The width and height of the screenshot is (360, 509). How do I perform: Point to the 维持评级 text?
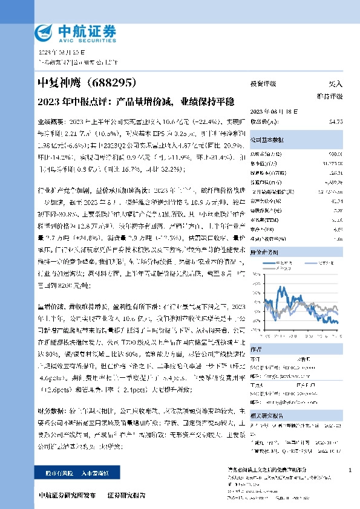click(330, 97)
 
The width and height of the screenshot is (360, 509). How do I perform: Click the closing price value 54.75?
click(336, 122)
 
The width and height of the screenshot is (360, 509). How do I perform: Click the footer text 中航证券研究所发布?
click(67, 494)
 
